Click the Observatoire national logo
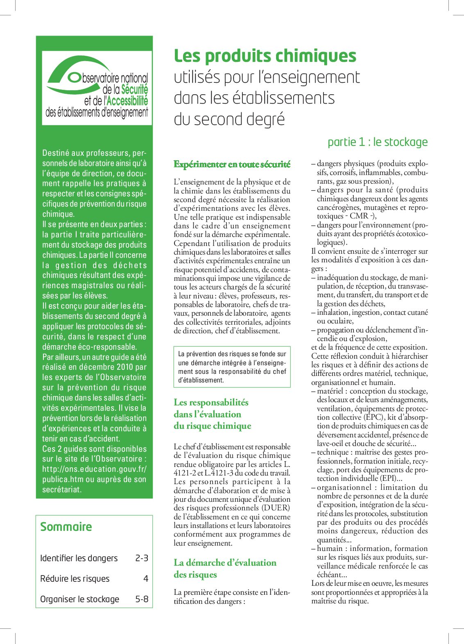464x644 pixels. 97,87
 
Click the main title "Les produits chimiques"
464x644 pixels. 265,56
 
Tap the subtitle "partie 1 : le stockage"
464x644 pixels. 377,142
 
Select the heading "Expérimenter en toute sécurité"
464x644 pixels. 232,164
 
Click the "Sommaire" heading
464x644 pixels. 66,527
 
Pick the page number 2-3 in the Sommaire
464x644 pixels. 141,558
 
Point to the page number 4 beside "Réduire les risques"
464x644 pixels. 145,579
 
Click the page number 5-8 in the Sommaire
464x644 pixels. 141,599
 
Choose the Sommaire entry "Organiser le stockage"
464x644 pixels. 79,599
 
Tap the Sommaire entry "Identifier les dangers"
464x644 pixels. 79,558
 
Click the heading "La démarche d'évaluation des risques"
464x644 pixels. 225,568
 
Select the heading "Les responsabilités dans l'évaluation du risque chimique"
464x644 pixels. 212,414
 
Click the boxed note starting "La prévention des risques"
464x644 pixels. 232,367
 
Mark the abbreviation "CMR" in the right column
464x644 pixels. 359,216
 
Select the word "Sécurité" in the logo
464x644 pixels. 135,89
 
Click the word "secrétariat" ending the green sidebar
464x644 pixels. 61,489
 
